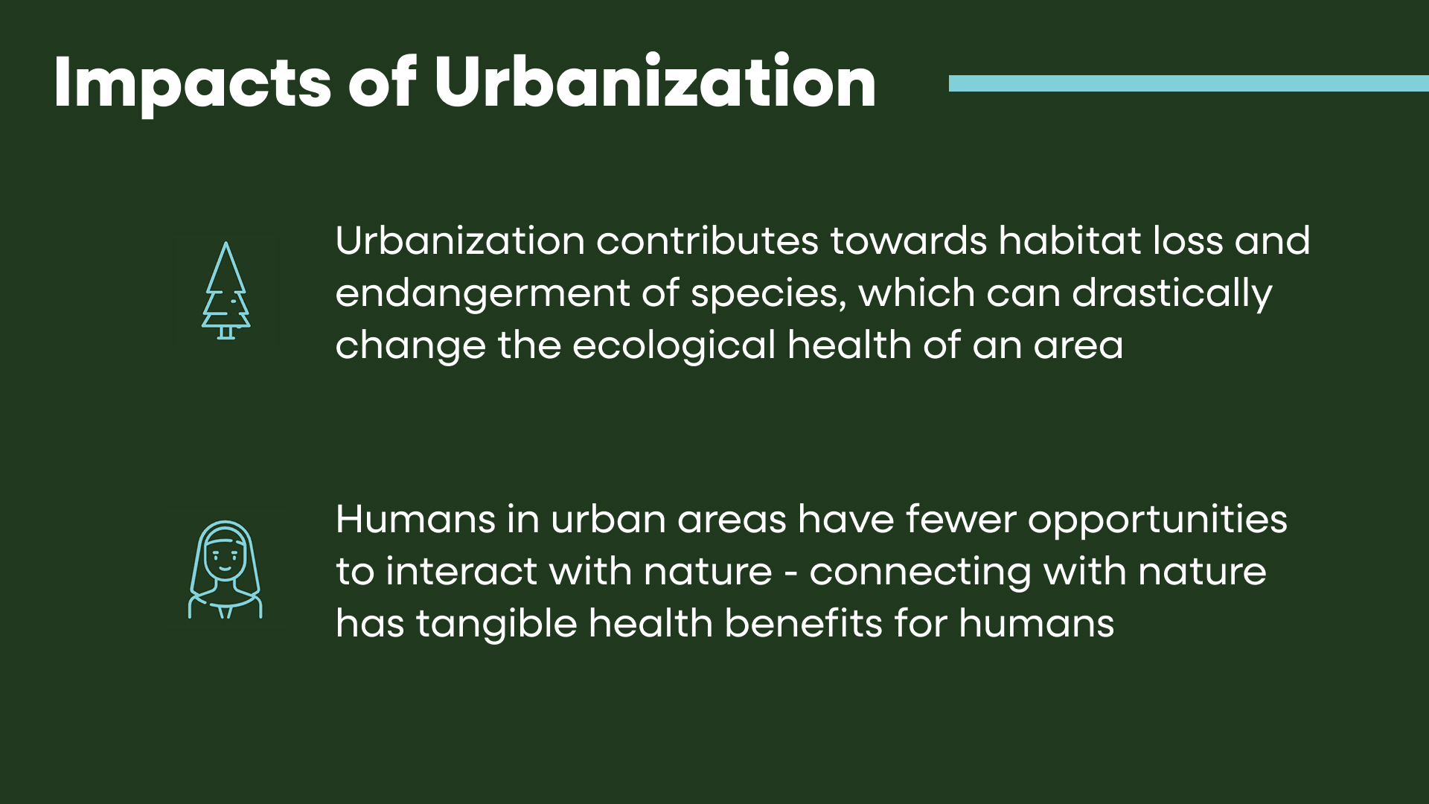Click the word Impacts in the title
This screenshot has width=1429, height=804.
coord(192,84)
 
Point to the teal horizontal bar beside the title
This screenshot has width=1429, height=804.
coord(1189,83)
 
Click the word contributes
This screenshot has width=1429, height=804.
coord(707,240)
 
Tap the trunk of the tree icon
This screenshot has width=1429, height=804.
coord(226,333)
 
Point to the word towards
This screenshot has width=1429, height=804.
coord(909,240)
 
